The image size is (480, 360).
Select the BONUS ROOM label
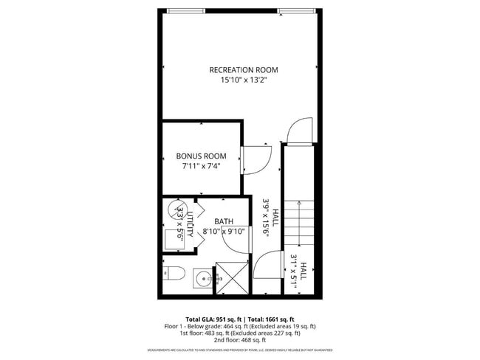pyautogui.click(x=200, y=156)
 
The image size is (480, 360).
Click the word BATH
pyautogui.click(x=224, y=221)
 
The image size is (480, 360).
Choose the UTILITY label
pyautogui.click(x=190, y=224)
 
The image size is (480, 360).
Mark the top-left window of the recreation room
pyautogui.click(x=185, y=10)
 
